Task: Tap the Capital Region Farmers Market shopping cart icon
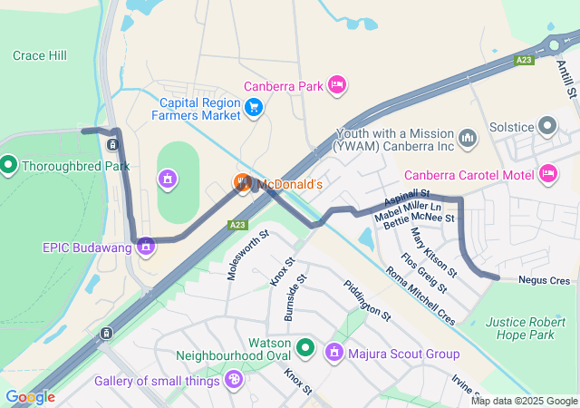[254, 109]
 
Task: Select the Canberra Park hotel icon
[336, 86]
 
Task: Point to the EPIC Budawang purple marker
[146, 246]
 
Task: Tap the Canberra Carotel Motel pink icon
[547, 172]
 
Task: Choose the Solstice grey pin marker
[547, 125]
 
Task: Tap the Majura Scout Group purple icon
[333, 352]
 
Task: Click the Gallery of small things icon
[234, 379]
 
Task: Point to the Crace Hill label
[40, 56]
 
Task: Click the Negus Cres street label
[544, 281]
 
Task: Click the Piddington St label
[367, 301]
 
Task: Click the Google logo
[30, 397]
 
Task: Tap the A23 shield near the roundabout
[524, 60]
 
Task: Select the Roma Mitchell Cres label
[420, 296]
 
